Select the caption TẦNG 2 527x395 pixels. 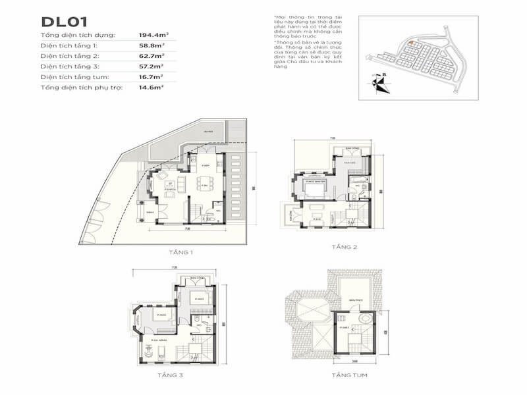(345, 247)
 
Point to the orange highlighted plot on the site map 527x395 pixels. (410, 43)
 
